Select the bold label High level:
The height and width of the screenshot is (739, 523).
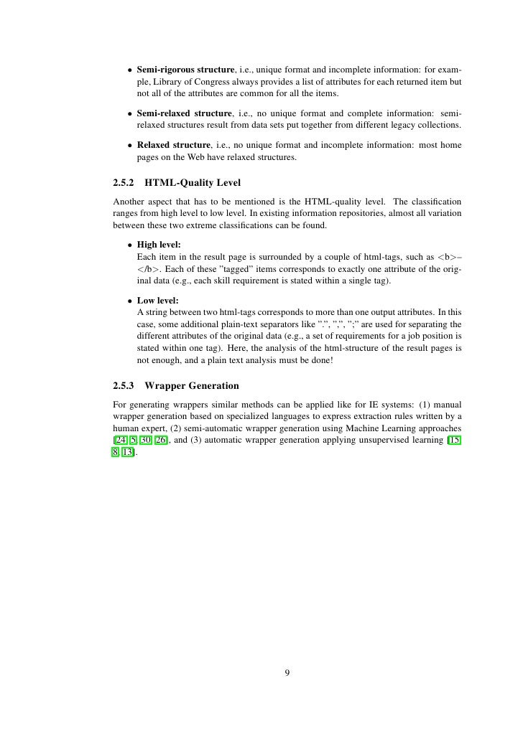(159, 245)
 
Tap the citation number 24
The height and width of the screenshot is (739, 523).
(121, 441)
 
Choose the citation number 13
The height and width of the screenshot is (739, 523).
(129, 453)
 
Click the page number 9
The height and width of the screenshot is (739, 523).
(287, 672)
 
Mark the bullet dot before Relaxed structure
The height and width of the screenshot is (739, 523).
(129, 145)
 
